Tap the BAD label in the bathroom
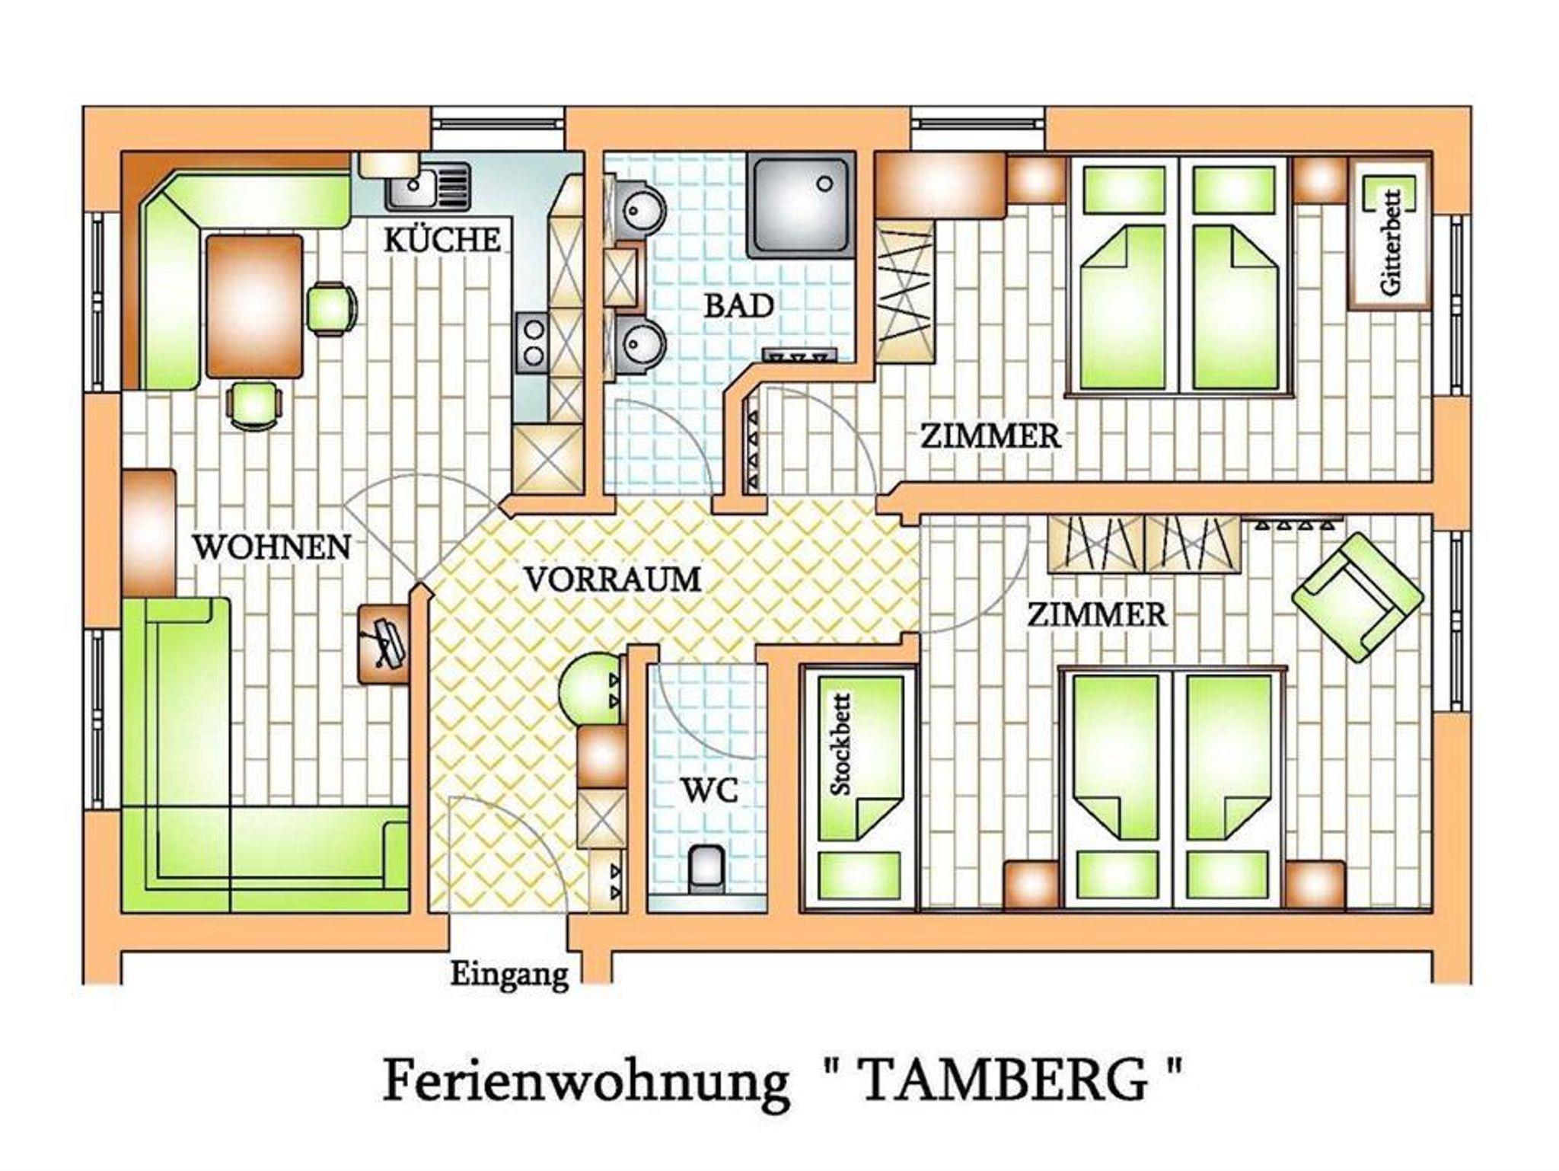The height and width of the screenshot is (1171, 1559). click(738, 306)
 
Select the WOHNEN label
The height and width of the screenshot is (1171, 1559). click(271, 547)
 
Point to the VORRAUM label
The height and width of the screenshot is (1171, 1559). click(613, 579)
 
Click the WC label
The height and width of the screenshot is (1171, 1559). click(709, 791)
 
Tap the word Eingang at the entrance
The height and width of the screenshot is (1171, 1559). click(509, 975)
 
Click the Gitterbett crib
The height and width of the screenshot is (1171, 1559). click(1389, 233)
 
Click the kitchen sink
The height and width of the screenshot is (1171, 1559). click(427, 187)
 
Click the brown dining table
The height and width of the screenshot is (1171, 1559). click(254, 306)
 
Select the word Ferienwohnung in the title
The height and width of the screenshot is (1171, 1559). click(584, 1083)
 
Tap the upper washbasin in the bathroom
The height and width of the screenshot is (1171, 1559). click(642, 207)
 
